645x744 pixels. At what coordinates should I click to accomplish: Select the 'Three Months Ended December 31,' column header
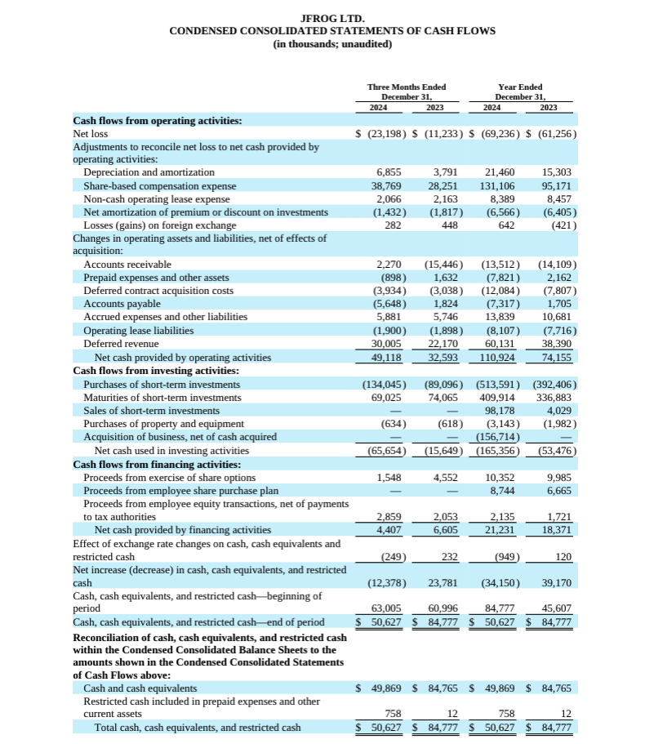406,92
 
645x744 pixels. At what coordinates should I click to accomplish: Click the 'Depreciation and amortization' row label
149,172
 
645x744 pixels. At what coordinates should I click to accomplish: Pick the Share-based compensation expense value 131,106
500,185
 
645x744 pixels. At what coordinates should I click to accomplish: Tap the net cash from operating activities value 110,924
498,358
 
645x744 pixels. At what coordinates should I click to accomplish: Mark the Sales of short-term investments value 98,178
500,411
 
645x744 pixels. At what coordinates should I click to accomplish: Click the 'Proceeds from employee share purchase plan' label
180,490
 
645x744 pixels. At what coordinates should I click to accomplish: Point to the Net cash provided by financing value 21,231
500,530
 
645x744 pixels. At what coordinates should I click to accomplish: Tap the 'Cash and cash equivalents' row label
140,688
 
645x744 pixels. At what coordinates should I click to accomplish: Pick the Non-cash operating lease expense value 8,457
557,198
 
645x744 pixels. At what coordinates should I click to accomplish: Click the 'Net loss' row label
90,133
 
